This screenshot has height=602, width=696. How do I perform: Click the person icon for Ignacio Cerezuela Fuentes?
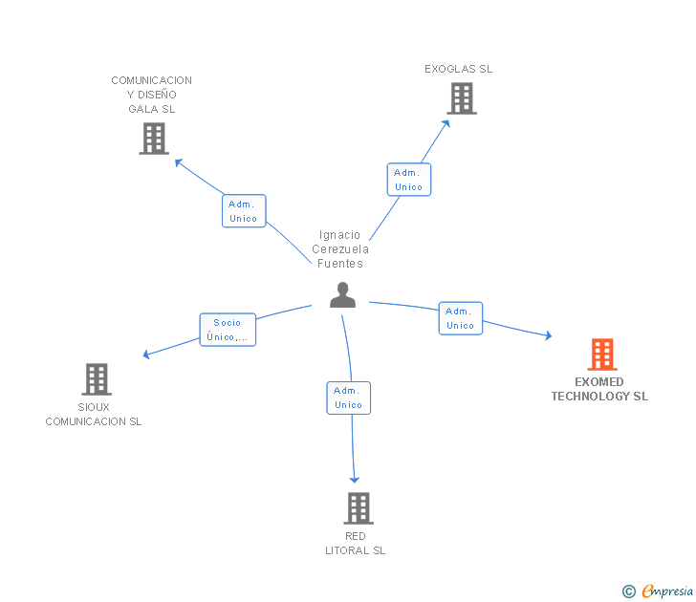click(x=342, y=295)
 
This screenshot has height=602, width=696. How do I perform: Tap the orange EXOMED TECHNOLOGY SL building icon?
click(x=601, y=355)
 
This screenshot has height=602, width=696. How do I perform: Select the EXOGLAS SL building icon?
click(x=461, y=98)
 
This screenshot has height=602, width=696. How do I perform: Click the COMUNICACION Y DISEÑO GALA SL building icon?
click(x=153, y=139)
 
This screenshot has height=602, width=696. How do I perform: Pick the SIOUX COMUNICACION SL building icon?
click(x=96, y=379)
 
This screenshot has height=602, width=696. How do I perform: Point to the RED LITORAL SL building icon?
click(x=358, y=508)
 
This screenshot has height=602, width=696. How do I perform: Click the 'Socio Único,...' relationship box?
click(x=228, y=330)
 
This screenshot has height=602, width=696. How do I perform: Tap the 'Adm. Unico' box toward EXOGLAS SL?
click(x=408, y=180)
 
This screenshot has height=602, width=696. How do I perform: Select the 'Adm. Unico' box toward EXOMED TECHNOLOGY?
click(x=460, y=318)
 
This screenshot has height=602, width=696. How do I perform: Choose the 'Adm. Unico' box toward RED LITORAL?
click(x=348, y=398)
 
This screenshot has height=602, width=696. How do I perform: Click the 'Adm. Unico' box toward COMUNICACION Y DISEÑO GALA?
click(x=244, y=211)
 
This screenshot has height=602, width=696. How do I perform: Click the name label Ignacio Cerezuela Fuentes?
click(x=341, y=249)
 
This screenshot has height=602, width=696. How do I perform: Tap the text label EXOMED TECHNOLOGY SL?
click(x=599, y=389)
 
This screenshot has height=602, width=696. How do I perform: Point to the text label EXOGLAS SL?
click(x=459, y=69)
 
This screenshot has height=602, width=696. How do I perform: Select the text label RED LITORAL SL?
click(x=356, y=543)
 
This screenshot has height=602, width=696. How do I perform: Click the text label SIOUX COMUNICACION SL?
click(x=94, y=414)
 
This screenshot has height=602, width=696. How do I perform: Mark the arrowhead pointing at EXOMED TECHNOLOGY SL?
click(x=548, y=335)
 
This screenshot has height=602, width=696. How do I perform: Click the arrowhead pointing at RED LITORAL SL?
click(x=355, y=479)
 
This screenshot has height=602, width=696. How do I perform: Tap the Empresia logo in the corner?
click(x=666, y=591)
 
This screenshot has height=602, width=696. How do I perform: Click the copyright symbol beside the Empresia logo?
click(x=628, y=591)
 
